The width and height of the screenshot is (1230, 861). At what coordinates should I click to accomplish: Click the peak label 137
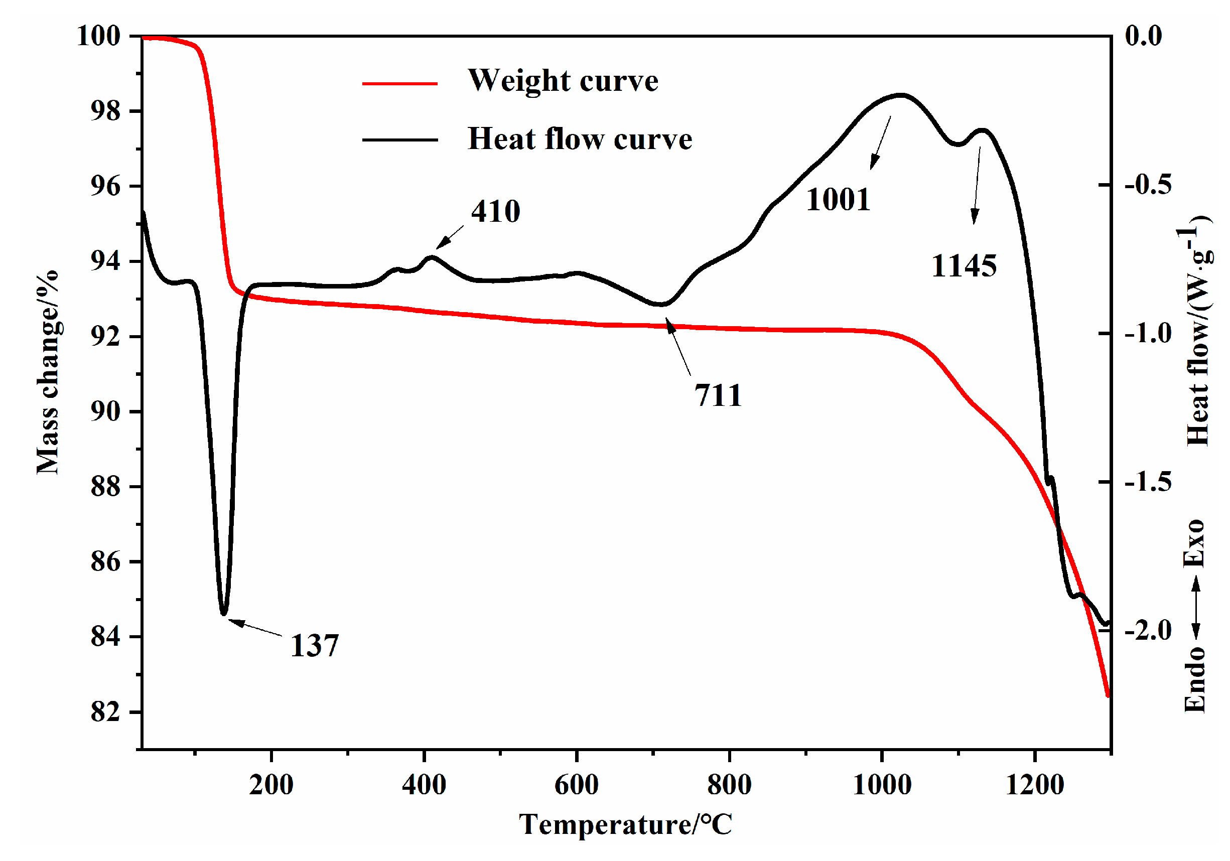315,645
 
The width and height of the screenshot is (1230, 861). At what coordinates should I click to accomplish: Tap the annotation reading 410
495,211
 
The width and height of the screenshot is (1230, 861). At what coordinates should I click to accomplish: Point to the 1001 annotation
838,200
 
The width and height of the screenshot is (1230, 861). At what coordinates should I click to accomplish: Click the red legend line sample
399,84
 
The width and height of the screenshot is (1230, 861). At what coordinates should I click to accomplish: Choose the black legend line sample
399,140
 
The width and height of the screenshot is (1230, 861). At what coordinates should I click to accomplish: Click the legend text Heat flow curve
580,139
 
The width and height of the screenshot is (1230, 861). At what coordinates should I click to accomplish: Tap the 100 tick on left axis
98,37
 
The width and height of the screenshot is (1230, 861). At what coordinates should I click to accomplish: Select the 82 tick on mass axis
105,712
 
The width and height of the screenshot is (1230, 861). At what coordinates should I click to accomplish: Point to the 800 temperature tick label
729,785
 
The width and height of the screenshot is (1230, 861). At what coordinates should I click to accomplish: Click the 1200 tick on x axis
1034,785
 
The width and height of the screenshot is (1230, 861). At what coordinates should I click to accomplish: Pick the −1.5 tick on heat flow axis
1148,482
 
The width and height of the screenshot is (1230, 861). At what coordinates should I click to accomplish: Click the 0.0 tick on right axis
1143,37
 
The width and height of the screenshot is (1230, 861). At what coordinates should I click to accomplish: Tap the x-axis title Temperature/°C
625,824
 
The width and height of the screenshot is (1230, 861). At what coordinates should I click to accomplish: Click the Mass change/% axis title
48,372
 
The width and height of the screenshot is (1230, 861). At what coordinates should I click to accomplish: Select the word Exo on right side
1194,543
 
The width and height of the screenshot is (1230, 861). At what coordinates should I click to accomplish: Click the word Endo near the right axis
1194,679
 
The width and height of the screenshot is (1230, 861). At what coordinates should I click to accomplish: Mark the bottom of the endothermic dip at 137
224,613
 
